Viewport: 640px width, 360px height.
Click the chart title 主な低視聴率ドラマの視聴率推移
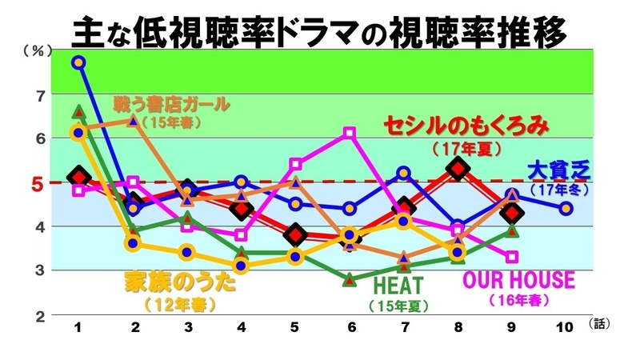pos(320,32)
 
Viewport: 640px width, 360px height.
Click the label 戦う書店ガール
pos(171,105)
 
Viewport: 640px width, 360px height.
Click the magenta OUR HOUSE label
pos(519,280)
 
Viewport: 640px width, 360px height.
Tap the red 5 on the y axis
pos(35,183)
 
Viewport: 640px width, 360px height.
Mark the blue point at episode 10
pos(566,209)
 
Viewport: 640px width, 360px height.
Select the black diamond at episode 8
pos(458,169)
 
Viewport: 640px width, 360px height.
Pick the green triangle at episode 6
pos(350,279)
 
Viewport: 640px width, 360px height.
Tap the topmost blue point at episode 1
pos(78,62)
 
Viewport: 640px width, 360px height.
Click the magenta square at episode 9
pos(512,257)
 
